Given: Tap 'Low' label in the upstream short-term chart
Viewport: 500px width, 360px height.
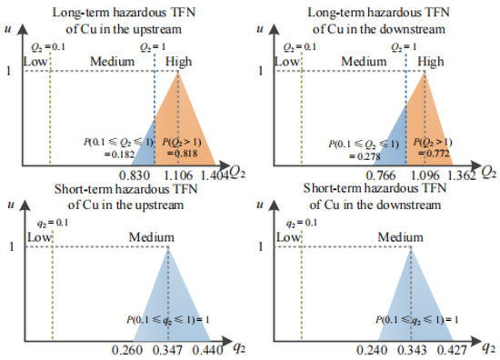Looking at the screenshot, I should pos(36,237).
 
